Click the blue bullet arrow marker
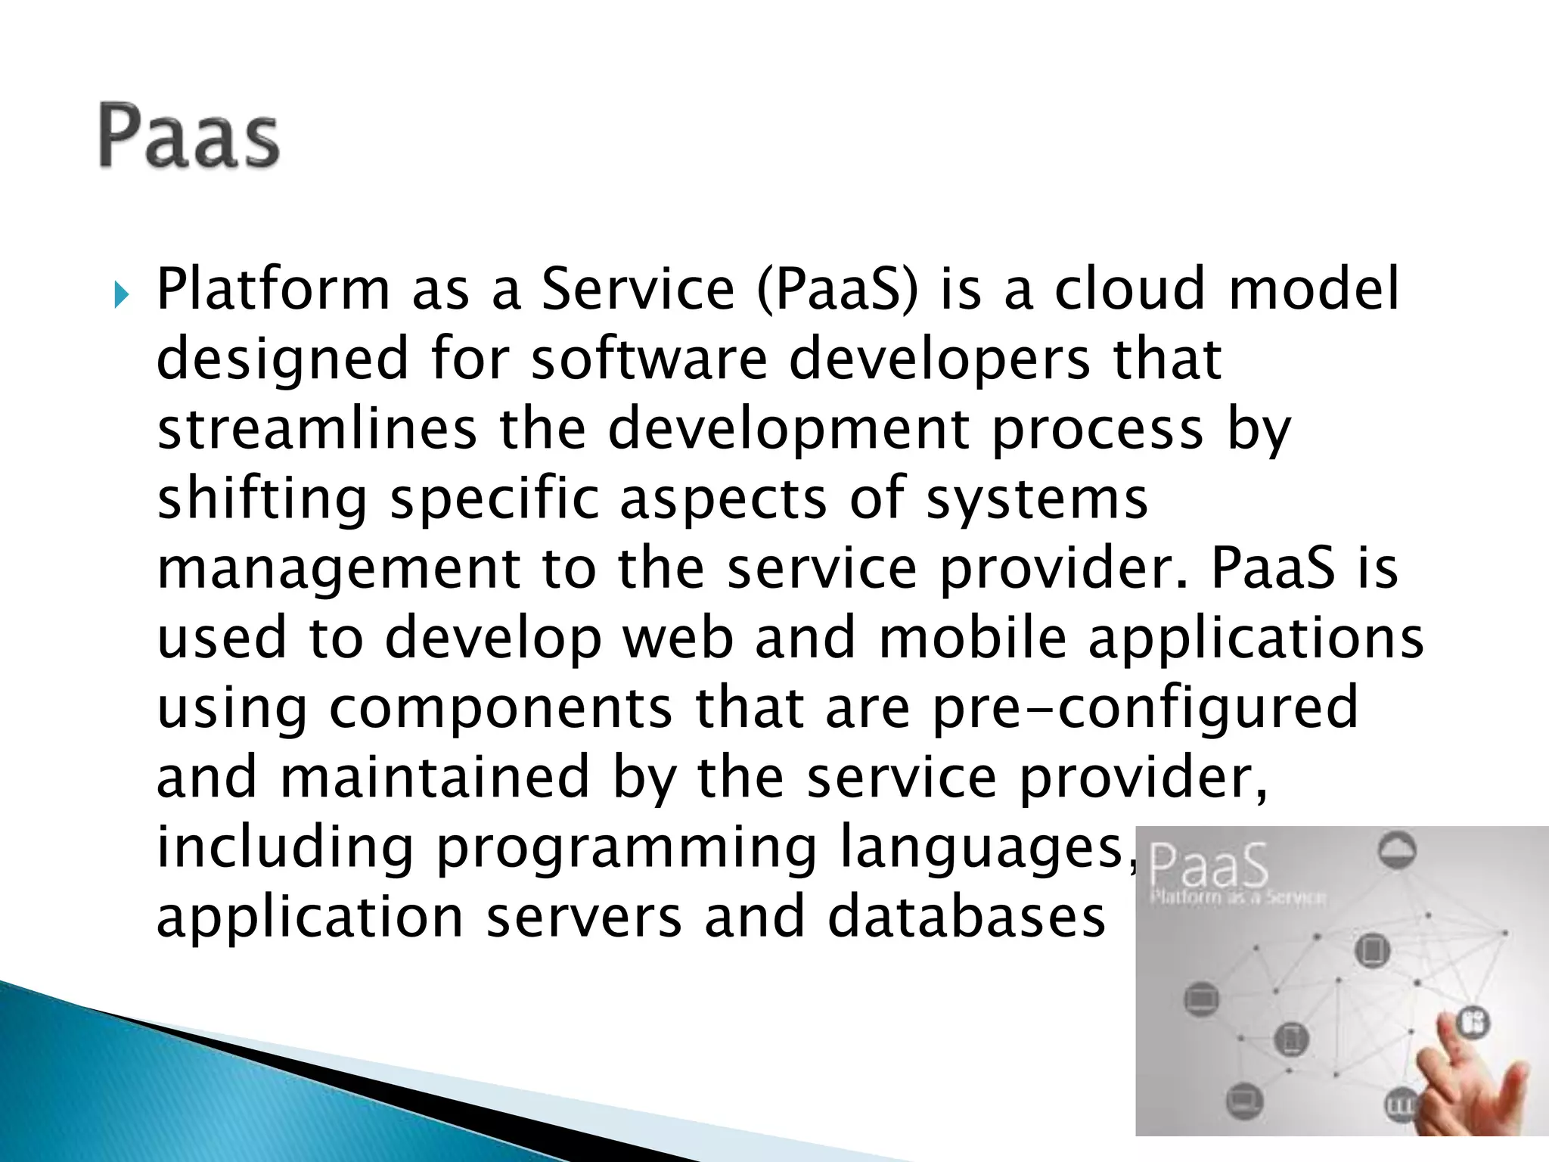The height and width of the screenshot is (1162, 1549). coord(123,294)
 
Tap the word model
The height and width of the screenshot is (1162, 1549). coord(1315,289)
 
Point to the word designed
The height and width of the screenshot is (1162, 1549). coord(282,360)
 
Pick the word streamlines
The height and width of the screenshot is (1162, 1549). coord(317,428)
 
